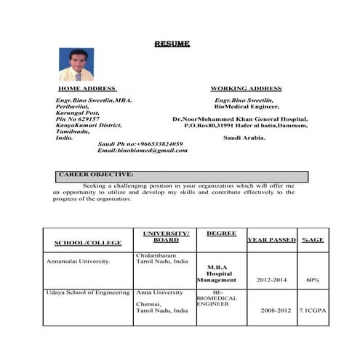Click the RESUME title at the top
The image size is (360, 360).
[172, 44]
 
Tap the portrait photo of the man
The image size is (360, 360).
[76, 64]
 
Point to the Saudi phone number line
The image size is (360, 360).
[140, 144]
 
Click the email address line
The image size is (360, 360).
[143, 151]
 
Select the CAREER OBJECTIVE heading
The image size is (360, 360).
[95, 175]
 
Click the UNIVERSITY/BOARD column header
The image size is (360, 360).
[166, 236]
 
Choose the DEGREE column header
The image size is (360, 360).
[221, 233]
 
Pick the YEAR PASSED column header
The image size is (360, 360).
[271, 239]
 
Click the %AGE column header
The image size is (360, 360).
[313, 239]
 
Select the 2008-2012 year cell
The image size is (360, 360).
[271, 311]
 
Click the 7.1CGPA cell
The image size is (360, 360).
[313, 311]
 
